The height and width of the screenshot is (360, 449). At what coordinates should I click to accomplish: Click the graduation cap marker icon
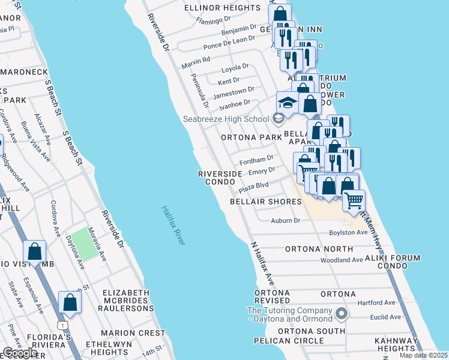tap(287, 103)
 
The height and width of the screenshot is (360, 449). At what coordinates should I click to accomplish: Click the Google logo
tap(19, 353)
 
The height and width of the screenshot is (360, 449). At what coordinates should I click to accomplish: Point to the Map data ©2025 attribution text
tap(424, 355)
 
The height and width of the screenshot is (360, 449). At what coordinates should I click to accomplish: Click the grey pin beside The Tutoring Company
tap(342, 314)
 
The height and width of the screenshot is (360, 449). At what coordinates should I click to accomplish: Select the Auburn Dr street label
tap(285, 221)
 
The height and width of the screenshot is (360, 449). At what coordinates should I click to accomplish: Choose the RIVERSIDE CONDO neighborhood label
tap(220, 178)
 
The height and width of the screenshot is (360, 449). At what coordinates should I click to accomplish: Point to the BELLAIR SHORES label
tap(266, 202)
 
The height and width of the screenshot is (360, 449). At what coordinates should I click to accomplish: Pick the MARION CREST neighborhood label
tap(133, 332)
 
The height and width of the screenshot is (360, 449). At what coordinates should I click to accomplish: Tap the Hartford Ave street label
tap(377, 302)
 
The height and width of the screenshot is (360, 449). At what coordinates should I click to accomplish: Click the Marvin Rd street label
tap(197, 60)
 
